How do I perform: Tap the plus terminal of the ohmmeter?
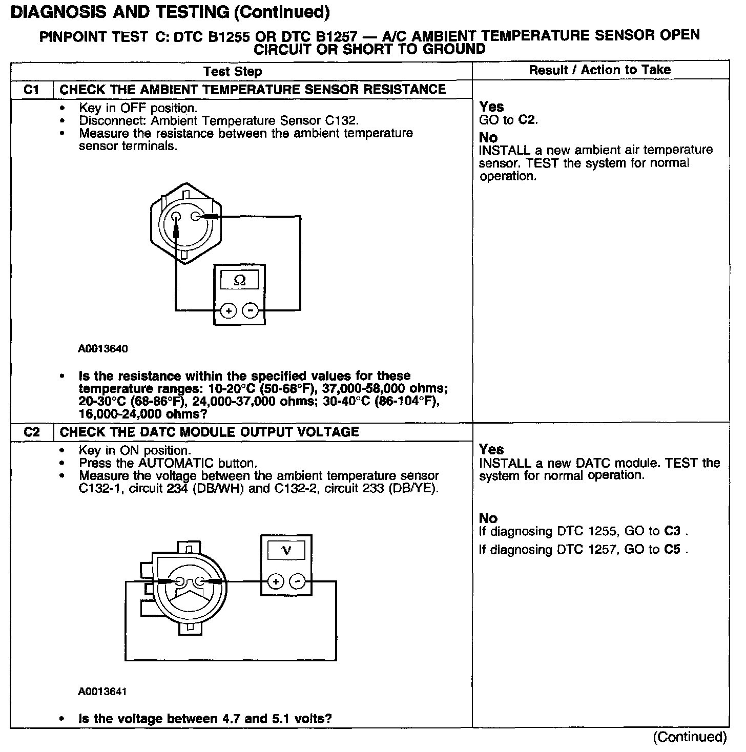[229, 310]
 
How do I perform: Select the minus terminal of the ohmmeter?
[250, 310]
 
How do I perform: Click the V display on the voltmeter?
[286, 551]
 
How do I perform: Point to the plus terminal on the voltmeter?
[276, 581]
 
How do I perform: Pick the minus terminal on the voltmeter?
[298, 581]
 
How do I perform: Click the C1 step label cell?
[32, 90]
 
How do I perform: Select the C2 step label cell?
[32, 432]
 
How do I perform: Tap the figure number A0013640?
[103, 349]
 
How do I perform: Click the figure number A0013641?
[102, 692]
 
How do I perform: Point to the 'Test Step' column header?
[233, 72]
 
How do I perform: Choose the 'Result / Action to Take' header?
[599, 70]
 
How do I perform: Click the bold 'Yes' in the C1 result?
[491, 107]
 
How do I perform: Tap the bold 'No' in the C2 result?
[488, 518]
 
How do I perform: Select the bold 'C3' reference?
[672, 531]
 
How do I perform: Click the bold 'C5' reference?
[672, 550]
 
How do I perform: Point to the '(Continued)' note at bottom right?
[690, 737]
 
